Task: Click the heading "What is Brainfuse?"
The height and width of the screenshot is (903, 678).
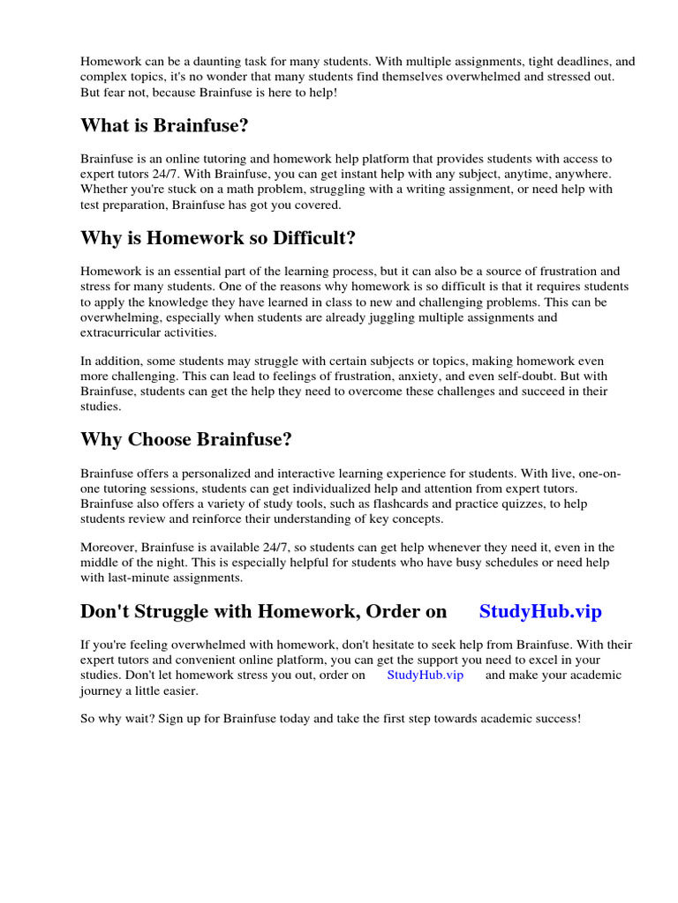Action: (x=164, y=126)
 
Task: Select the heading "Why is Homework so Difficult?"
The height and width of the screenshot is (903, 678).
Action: (x=218, y=238)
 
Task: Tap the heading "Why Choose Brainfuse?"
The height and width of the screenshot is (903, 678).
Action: (x=186, y=439)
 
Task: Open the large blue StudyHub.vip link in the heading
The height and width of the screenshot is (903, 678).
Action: (x=540, y=612)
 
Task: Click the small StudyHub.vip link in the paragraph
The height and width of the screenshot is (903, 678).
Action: (x=425, y=675)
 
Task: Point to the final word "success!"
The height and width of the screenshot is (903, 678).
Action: (x=554, y=719)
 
